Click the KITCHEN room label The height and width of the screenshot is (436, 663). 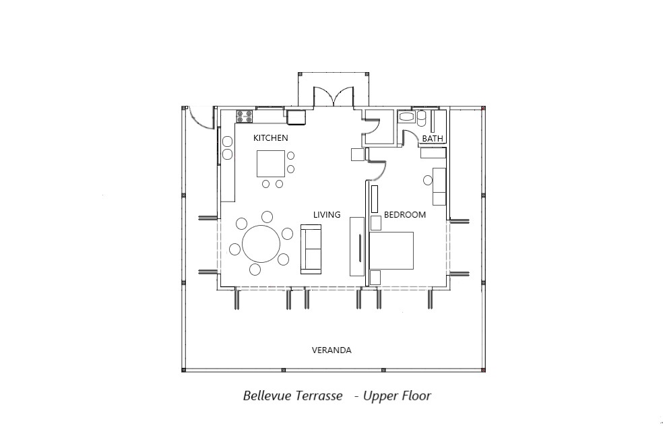[271, 138]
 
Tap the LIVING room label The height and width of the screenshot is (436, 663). [327, 215]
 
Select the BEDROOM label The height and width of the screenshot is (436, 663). [405, 215]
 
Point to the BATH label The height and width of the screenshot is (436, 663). [433, 138]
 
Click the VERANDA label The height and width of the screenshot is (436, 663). [331, 350]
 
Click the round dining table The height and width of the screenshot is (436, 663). [261, 244]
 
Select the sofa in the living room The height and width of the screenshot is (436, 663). [311, 249]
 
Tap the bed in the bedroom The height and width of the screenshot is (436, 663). [391, 251]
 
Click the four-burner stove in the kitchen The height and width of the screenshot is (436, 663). [245, 117]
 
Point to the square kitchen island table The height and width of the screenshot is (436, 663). [271, 164]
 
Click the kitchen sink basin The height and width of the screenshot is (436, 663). [296, 117]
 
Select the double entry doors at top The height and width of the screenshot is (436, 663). [334, 96]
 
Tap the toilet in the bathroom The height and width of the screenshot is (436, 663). [422, 118]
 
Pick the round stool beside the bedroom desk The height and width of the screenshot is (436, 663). [428, 181]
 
